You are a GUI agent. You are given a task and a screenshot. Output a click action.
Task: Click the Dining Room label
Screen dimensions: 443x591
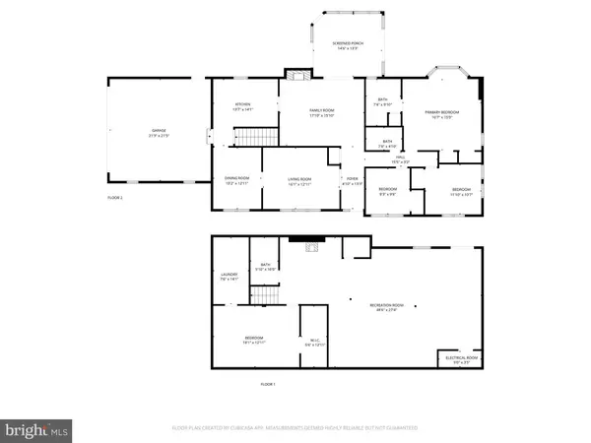click(x=237, y=180)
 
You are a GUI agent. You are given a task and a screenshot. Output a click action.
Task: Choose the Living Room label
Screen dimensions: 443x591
click(x=298, y=180)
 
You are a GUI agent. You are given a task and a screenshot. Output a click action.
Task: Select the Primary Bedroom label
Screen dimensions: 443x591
click(x=444, y=114)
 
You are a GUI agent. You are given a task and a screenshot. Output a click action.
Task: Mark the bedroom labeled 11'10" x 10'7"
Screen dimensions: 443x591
click(x=461, y=191)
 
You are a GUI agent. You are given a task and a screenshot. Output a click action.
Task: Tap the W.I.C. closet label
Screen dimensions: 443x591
click(x=314, y=344)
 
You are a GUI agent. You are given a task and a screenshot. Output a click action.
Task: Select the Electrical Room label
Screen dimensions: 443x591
click(x=461, y=360)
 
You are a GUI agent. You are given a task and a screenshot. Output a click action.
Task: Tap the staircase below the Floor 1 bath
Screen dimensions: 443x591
click(x=264, y=294)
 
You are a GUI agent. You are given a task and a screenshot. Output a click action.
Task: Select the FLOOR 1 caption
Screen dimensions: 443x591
click(x=268, y=383)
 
